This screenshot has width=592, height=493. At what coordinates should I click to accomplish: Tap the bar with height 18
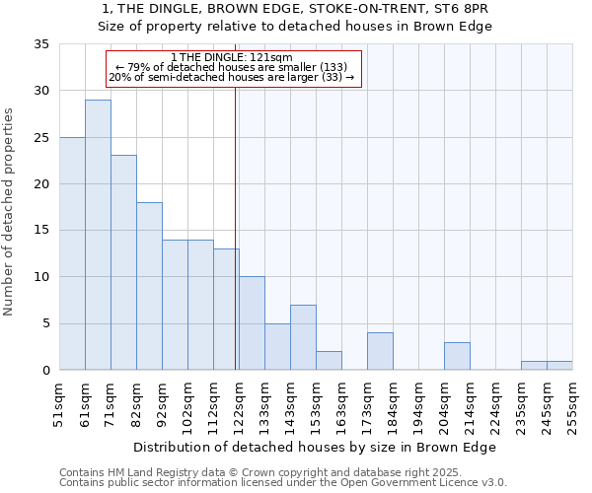pyautogui.click(x=149, y=286)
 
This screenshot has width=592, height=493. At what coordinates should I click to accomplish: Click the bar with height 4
pyautogui.click(x=380, y=351)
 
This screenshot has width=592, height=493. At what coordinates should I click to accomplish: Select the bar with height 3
pyautogui.click(x=457, y=356)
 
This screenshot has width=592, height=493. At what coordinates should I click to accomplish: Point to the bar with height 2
pyautogui.click(x=329, y=361)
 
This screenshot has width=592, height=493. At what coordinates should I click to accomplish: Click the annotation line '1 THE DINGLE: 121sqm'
pyautogui.click(x=232, y=57)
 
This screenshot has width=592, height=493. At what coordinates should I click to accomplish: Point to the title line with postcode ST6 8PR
pyautogui.click(x=296, y=9)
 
